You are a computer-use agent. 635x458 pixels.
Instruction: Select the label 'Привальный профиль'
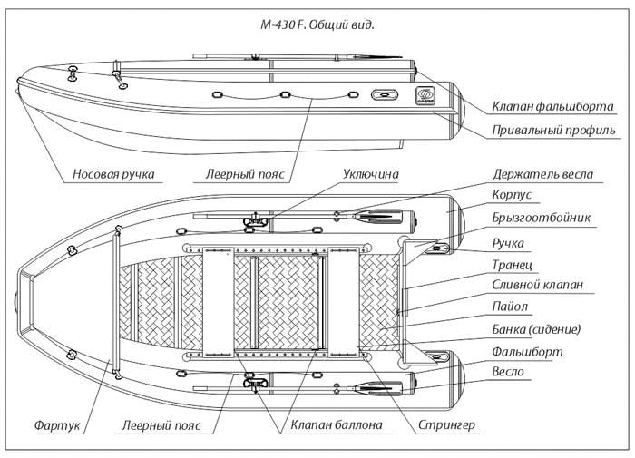pos(545,131)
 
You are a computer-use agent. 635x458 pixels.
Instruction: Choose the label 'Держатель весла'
pos(543,173)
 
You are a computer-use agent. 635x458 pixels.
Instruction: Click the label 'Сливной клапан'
pos(538,285)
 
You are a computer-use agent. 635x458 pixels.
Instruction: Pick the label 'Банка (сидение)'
pos(536,328)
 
